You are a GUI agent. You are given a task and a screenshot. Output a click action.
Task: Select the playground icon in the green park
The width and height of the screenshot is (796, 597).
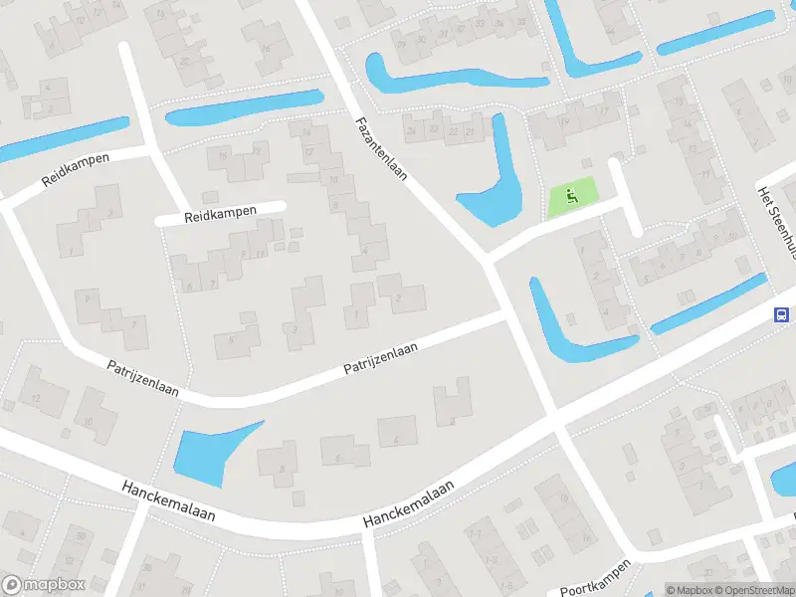click(570, 196)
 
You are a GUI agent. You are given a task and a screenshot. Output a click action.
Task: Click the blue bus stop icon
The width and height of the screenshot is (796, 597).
click(783, 314)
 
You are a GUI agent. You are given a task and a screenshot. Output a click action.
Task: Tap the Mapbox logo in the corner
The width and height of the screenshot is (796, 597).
click(43, 585)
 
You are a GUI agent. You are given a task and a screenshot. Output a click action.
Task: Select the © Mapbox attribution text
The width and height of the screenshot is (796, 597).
click(689, 590)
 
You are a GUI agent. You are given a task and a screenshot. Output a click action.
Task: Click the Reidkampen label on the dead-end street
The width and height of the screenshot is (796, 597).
click(220, 212)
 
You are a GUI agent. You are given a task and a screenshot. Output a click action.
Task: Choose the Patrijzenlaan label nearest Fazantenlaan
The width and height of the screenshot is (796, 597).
click(380, 359)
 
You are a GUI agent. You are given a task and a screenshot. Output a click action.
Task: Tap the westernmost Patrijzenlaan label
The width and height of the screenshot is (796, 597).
click(143, 379)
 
